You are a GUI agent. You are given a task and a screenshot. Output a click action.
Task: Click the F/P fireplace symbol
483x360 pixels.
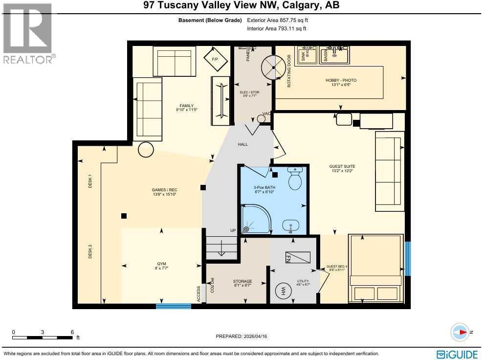(214, 59)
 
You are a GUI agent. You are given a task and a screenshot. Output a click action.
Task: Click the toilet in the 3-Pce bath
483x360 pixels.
(295, 180)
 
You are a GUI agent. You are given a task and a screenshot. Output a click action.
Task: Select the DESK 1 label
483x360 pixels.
(90, 182)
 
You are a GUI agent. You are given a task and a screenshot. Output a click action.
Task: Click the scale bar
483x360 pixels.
(43, 337)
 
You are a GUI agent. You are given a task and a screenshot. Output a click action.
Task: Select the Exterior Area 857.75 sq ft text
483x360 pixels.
(278, 21)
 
